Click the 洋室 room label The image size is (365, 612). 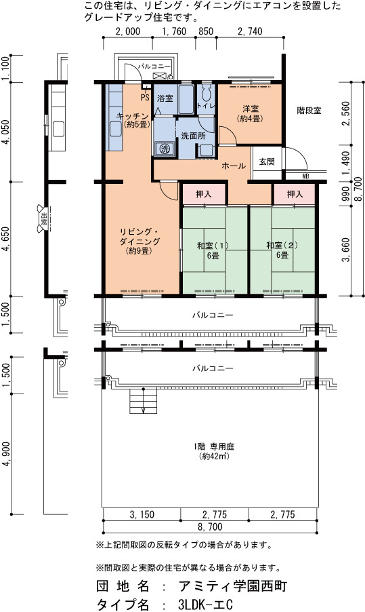[250, 109]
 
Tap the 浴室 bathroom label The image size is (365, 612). [165, 98]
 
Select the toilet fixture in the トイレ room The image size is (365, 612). [206, 92]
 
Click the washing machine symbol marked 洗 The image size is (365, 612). [165, 149]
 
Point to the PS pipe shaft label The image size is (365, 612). [145, 96]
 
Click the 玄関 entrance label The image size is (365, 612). [267, 161]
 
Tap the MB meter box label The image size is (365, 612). [306, 176]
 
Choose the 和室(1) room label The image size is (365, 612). [213, 246]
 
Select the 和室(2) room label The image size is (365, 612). [282, 246]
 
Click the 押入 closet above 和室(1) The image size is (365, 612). [203, 194]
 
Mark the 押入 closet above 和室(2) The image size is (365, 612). [295, 194]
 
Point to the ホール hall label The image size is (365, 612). [234, 166]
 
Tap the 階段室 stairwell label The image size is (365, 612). [309, 111]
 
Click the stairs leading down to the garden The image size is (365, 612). [144, 400]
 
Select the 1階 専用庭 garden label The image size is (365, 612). [214, 446]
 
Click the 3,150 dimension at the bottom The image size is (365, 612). [142, 515]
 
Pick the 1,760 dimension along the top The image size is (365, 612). [174, 31]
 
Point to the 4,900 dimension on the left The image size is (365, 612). [6, 454]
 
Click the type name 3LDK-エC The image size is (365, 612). [205, 605]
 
